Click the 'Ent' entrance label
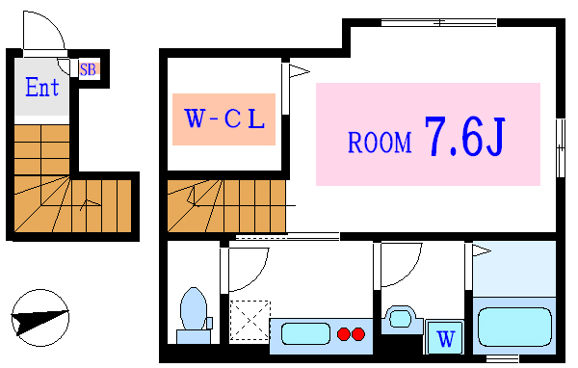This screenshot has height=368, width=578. point(42,88)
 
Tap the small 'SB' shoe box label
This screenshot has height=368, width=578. point(88,68)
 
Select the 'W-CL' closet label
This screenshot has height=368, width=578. point(224,119)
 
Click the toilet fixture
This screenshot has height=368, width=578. point(194,311)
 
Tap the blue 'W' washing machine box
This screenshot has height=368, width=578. point(444,337)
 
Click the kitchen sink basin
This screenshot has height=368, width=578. point(302,334)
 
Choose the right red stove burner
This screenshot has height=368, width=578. point(359,334)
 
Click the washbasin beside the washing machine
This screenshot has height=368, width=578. point(399,318)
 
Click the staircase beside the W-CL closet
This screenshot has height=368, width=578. point(225,204)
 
